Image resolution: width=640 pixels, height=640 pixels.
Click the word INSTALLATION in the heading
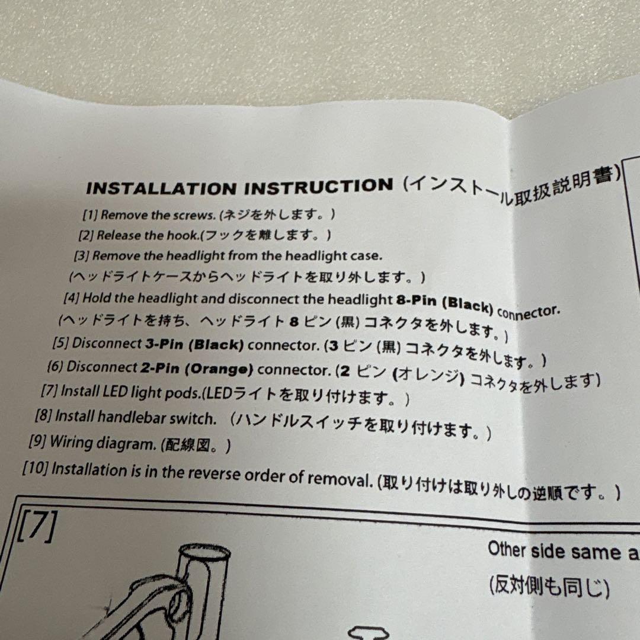162,188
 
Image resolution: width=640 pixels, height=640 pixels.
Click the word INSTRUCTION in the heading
319,186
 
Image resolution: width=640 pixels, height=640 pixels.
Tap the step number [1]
90,215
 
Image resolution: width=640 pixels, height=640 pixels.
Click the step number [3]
81,256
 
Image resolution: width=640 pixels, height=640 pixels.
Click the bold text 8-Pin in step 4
417,301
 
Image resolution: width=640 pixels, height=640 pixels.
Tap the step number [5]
60,343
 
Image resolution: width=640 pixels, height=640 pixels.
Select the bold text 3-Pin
165,344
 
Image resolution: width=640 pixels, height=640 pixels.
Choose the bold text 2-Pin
159,368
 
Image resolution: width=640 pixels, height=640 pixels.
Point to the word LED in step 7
116,392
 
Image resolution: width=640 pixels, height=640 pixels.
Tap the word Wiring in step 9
71,442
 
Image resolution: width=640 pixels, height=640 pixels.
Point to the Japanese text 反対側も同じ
549,587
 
